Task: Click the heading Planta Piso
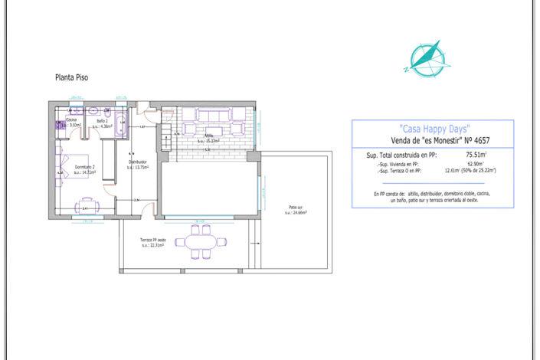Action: [71, 77]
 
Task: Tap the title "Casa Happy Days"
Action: [433, 128]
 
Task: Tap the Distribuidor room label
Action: [137, 164]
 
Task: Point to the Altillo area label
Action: [208, 139]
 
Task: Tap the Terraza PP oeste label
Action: [152, 244]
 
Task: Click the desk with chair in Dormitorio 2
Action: [85, 205]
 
